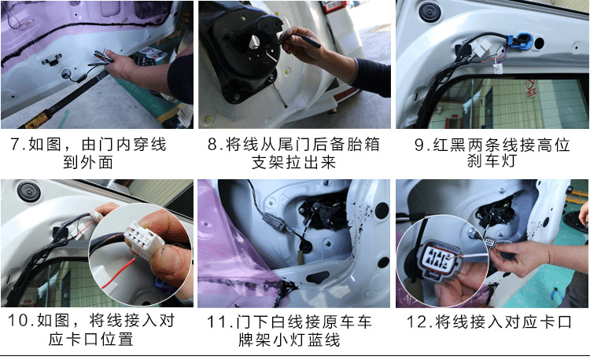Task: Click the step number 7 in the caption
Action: click(x=15, y=145)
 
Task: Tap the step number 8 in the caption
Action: click(x=212, y=145)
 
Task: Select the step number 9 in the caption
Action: click(x=419, y=145)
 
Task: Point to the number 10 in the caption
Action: click(x=17, y=320)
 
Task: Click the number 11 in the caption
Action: click(x=216, y=321)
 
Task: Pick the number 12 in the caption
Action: click(x=416, y=321)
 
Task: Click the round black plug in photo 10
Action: click(x=28, y=192)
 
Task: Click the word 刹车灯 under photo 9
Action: click(x=492, y=162)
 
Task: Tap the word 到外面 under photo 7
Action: click(x=88, y=163)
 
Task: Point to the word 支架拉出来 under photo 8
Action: click(x=293, y=163)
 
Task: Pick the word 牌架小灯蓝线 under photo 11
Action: click(x=289, y=340)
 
